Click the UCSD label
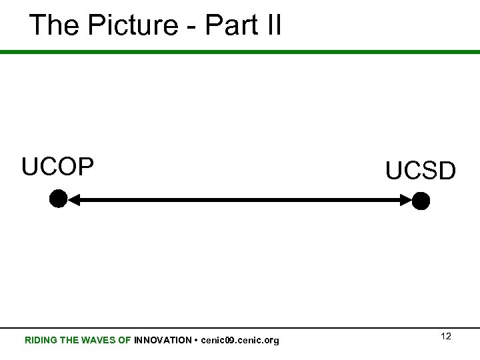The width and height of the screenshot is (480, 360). coord(421,171)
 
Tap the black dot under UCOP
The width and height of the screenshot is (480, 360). coord(58,199)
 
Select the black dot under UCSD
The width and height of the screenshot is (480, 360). coord(421,200)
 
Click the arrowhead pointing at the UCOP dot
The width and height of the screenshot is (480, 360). coord(75,199)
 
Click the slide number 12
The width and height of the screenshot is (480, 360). coord(446,337)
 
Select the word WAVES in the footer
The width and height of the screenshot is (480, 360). coord(97,341)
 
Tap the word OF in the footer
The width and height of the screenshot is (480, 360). coord(125,341)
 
